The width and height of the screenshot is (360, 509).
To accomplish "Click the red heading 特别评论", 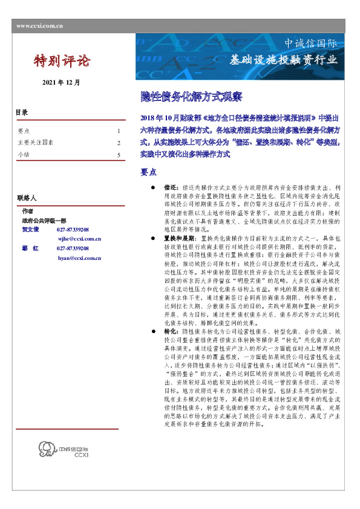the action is (61, 60).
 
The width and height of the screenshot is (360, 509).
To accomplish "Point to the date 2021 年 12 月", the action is (61, 82).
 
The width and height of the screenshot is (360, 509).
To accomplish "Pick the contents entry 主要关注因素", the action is (36, 143).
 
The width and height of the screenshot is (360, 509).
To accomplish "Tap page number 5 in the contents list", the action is (119, 155).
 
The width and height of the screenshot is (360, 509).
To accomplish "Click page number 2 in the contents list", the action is (119, 143).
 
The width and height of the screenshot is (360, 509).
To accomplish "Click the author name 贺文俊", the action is (30, 230).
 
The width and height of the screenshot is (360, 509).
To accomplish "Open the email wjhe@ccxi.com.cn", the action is (79, 239).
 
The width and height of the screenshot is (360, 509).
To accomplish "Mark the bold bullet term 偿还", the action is (171, 189).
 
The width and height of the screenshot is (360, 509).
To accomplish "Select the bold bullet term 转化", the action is (171, 332).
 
